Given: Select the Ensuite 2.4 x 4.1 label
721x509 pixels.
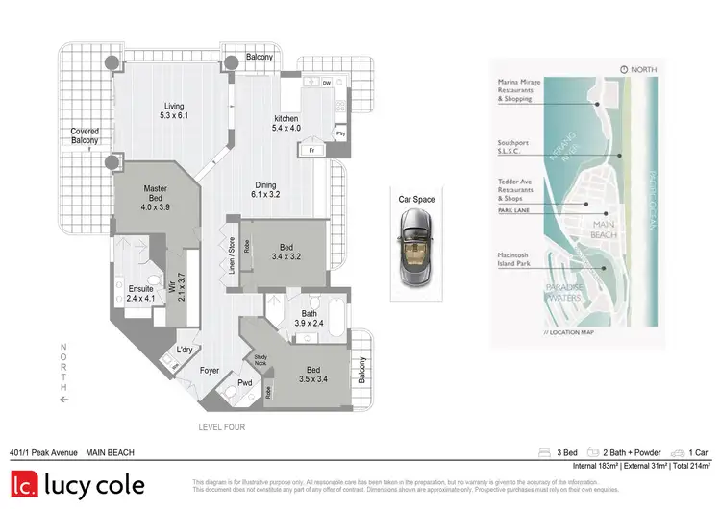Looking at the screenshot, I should pyautogui.click(x=140, y=293).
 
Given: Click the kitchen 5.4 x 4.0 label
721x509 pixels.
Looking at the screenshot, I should pyautogui.click(x=286, y=122).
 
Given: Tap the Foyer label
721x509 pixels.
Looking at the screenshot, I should pyautogui.click(x=210, y=370).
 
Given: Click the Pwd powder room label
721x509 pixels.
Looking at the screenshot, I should pyautogui.click(x=244, y=382).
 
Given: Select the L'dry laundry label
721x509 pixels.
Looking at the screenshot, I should pyautogui.click(x=185, y=350).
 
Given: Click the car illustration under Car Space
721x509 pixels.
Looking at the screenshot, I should pyautogui.click(x=417, y=248).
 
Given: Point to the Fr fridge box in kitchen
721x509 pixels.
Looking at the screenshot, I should pyautogui.click(x=312, y=150).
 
